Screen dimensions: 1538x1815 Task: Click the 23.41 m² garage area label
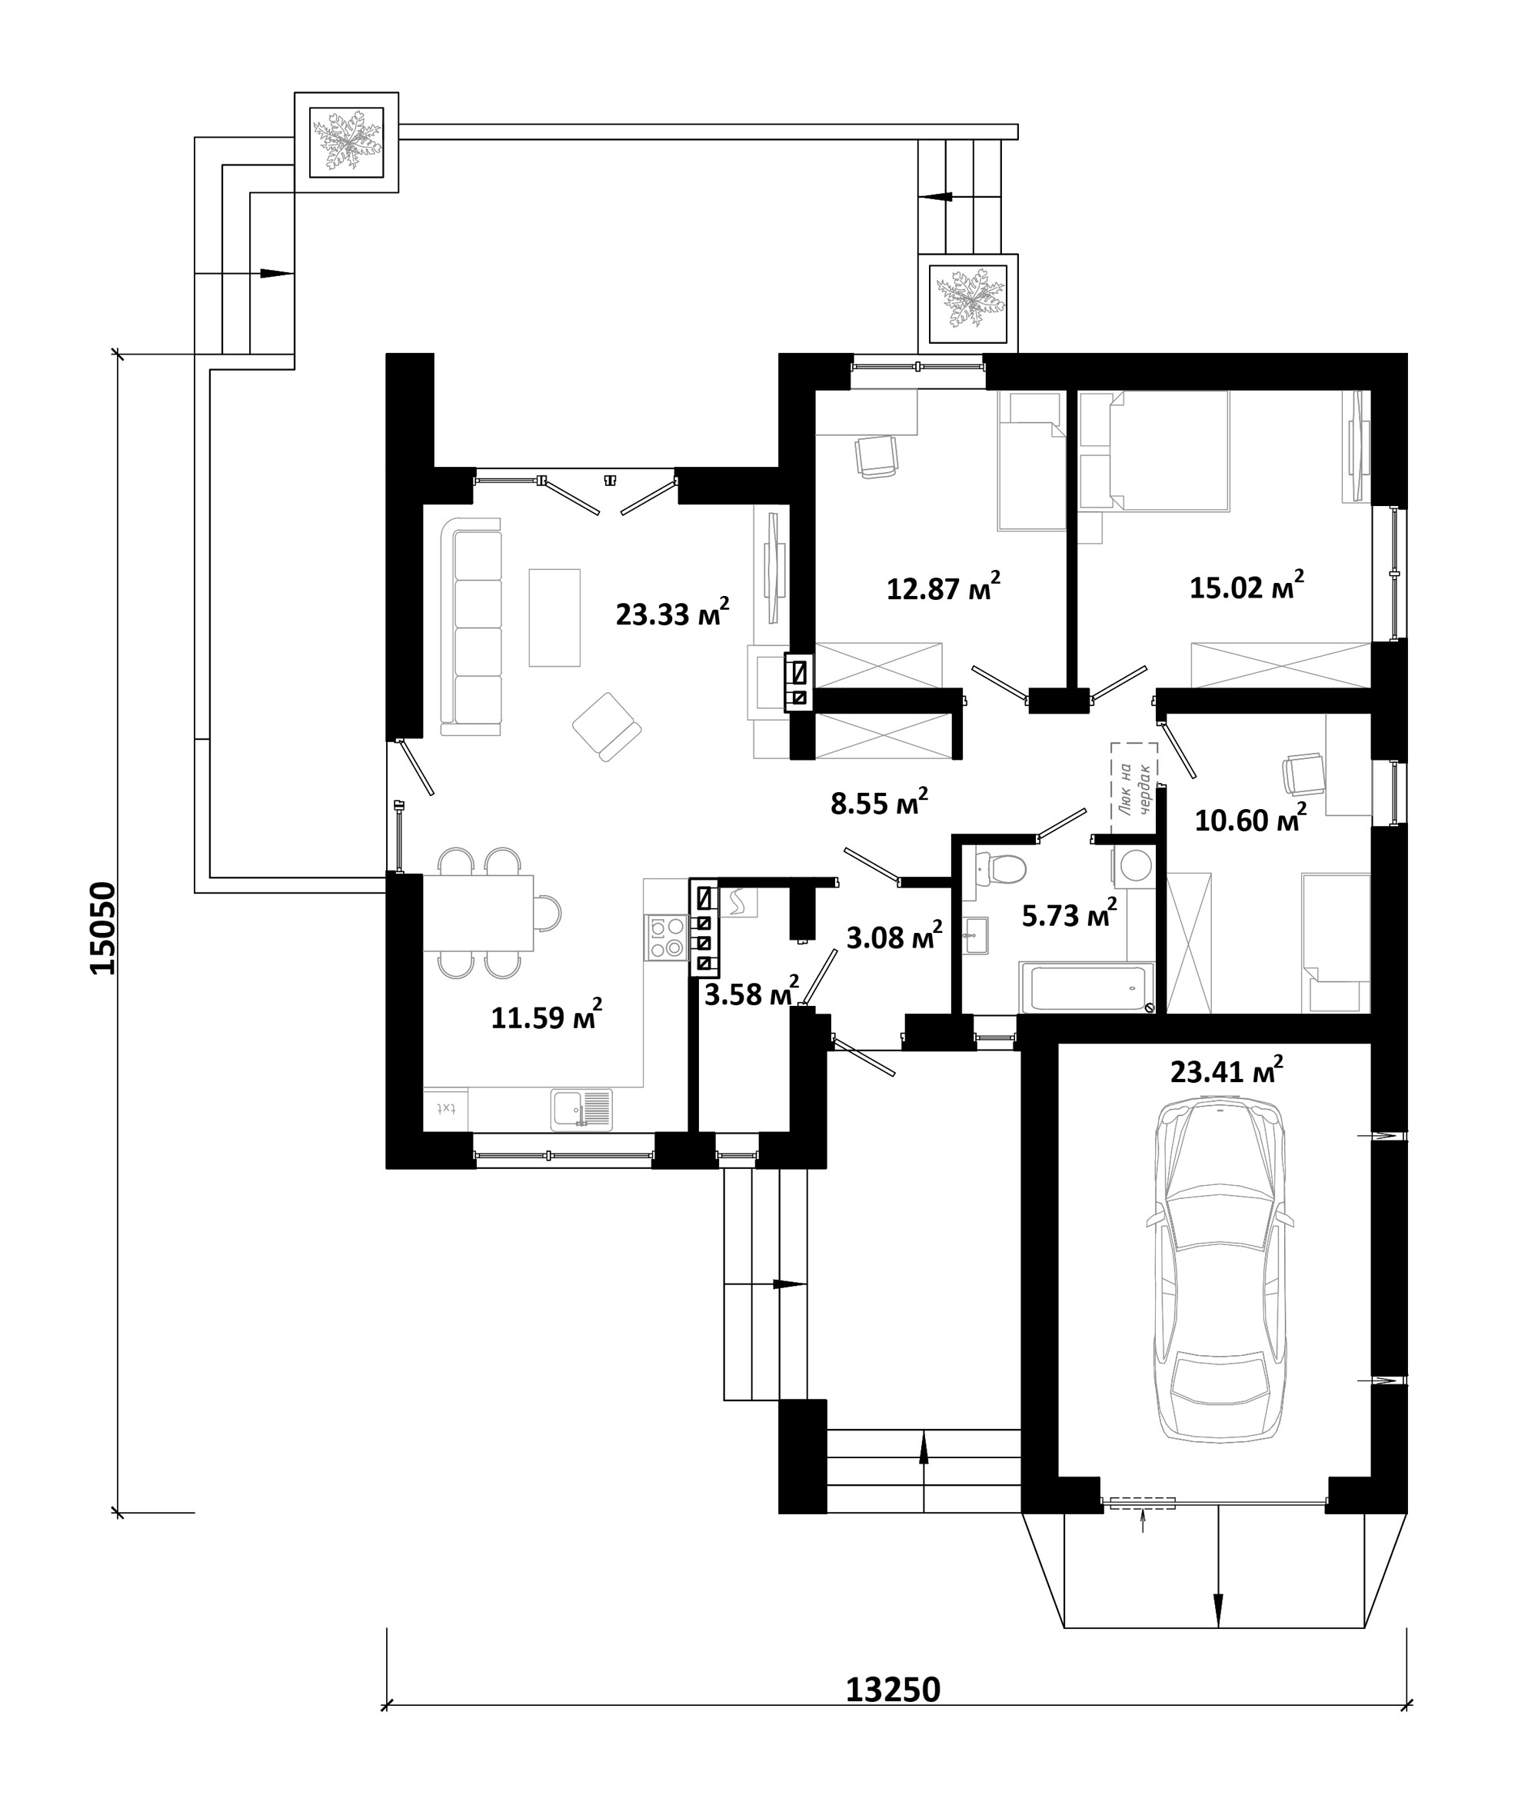(x=1226, y=1071)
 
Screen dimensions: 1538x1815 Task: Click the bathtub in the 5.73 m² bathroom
(x=1087, y=987)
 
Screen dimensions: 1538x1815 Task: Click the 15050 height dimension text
(x=103, y=927)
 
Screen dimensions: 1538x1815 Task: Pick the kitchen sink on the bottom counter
(x=581, y=1110)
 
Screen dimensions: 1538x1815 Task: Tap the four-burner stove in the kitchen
(x=666, y=937)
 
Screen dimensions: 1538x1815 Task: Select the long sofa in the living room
(x=471, y=626)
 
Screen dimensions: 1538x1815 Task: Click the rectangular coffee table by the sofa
(x=554, y=618)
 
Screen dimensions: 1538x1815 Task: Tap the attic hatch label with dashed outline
(x=1134, y=788)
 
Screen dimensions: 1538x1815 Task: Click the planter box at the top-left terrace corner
(x=346, y=142)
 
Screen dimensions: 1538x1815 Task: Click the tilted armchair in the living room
(x=607, y=726)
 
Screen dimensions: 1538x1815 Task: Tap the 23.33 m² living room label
(x=672, y=613)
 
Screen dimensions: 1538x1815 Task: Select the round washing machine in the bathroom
(x=1135, y=867)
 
